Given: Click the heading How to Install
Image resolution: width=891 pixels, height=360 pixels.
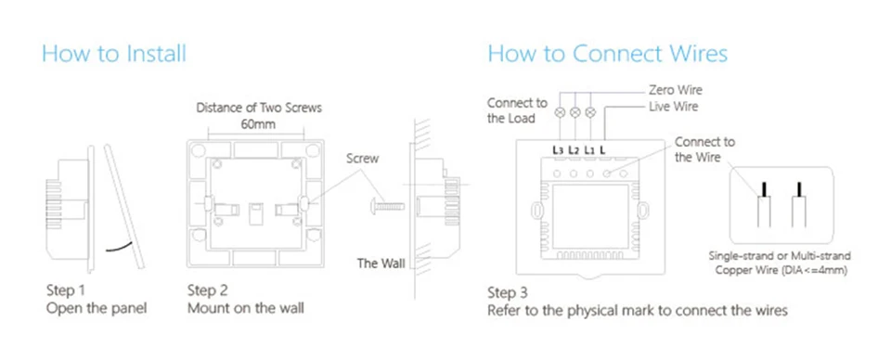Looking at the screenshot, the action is tap(114, 54).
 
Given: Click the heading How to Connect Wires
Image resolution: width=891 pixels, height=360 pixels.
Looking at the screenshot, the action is tap(607, 54).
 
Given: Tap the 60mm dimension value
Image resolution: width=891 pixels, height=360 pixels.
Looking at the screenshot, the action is tap(258, 123).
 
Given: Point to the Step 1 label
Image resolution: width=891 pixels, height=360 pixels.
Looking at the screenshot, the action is tap(65, 291).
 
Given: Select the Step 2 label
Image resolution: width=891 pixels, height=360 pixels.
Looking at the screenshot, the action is tap(207, 291).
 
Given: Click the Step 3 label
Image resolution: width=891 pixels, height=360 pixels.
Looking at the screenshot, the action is tap(508, 293).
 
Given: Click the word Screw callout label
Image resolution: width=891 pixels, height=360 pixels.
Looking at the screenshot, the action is tap(363, 159).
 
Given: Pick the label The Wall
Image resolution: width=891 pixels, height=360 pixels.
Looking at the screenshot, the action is tap(381, 264).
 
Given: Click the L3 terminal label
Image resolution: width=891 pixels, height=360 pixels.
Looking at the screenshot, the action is tap(558, 150).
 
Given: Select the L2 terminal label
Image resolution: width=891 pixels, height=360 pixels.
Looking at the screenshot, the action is tap(574, 150).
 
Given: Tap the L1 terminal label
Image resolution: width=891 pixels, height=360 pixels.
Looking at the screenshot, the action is tap(589, 150).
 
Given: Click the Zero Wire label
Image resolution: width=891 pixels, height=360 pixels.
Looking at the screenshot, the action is tap(675, 90).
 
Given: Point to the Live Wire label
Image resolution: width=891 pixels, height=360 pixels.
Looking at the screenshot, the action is tap(674, 106).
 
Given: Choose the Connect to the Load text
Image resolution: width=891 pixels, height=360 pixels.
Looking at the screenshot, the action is tap(517, 110).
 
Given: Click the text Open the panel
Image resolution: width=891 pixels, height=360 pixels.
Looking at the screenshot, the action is tap(96, 308).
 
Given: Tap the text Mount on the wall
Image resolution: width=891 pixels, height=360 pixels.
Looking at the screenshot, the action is tap(245, 308).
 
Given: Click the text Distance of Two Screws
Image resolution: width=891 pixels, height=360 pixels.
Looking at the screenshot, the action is tap(259, 108).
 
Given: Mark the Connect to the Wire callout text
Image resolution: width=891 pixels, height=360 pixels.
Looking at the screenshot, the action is tap(704, 149).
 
